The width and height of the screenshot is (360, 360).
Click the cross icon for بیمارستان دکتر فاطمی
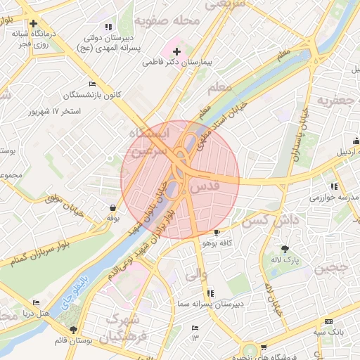pos(176,51)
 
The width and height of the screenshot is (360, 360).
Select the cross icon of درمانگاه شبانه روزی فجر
pos(33,23)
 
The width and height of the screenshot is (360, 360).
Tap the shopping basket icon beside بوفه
pos(113,208)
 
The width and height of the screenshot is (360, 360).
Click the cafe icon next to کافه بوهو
pos(217,233)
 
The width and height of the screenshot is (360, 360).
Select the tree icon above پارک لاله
pos(285,249)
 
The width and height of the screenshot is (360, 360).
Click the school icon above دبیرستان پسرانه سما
pos(210,293)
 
